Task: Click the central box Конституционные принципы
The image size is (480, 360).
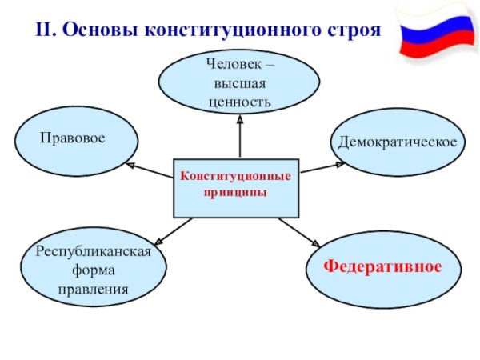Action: pos(235,187)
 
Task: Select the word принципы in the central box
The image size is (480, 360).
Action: pos(235,194)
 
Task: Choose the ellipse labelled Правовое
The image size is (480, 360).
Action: pos(78,142)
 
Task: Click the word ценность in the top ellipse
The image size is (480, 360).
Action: pos(239,102)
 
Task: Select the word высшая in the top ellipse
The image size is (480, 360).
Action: pos(239,84)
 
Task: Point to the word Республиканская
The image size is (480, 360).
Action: pos(94,251)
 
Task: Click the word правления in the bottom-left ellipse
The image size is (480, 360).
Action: pos(94,288)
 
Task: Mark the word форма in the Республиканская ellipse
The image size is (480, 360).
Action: pos(94,270)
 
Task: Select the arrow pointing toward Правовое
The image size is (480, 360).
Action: pos(150,170)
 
